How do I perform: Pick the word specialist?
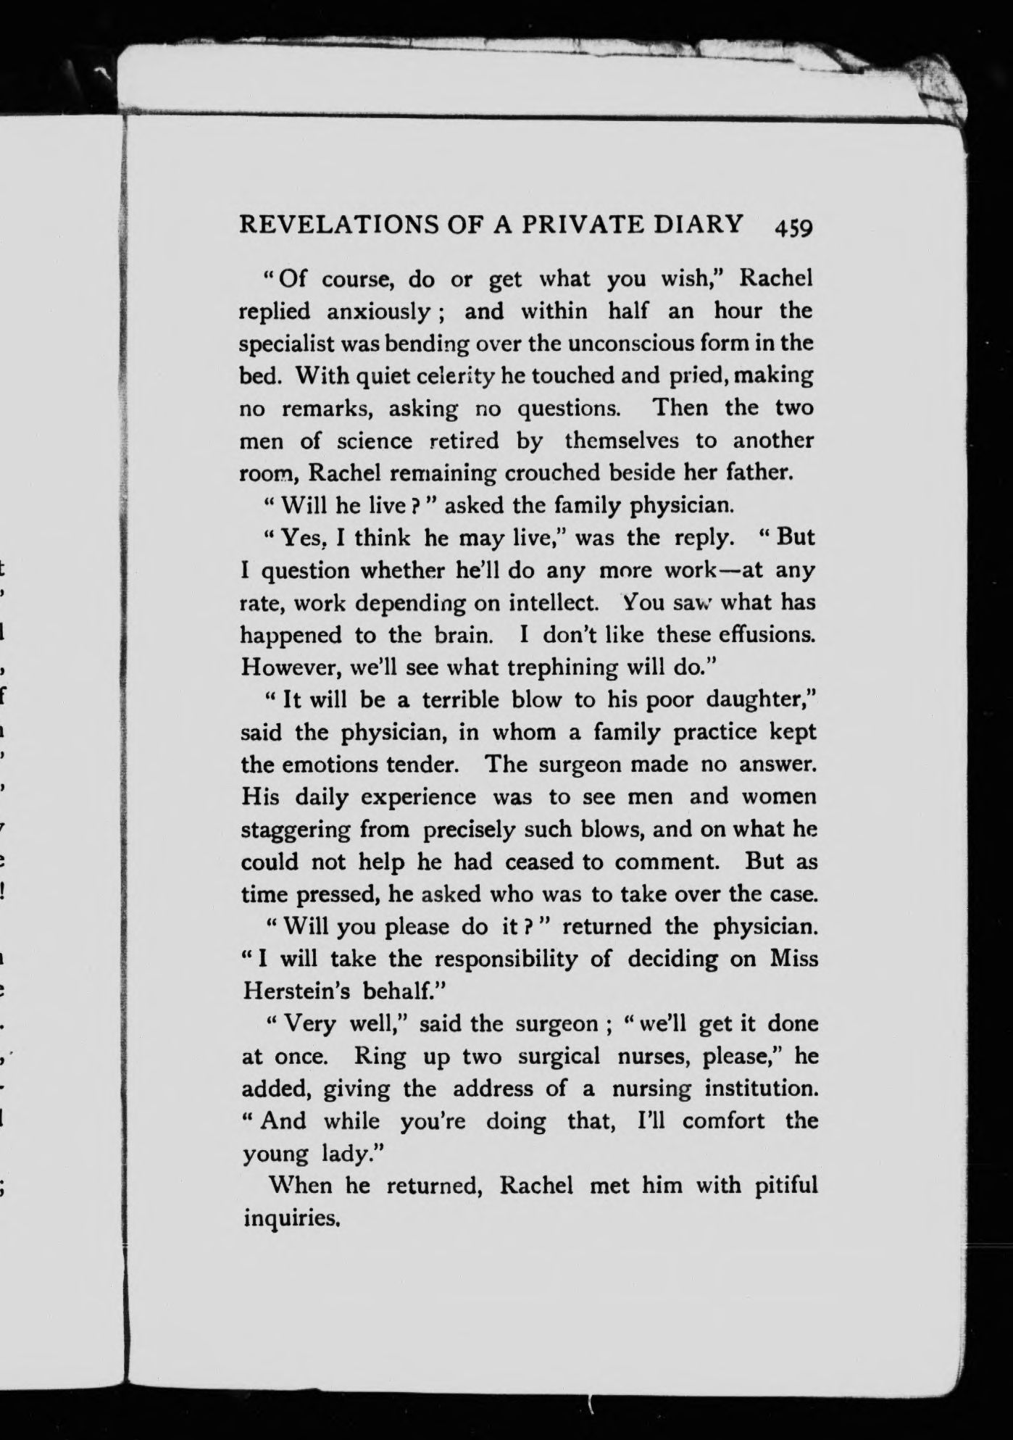click(x=288, y=344)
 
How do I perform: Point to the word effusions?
click(x=768, y=635)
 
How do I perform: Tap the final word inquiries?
click(x=292, y=1218)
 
